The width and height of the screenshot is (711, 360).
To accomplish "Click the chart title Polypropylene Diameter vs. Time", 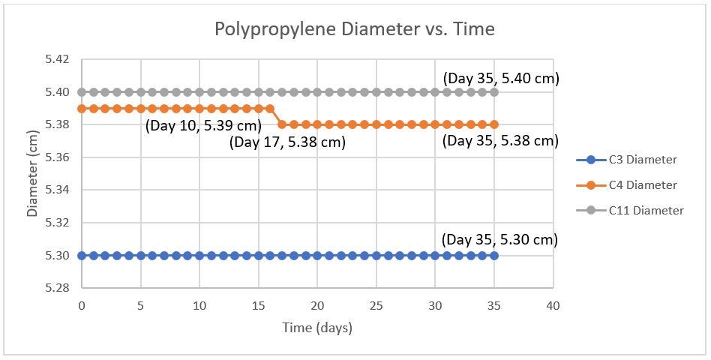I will (355, 29).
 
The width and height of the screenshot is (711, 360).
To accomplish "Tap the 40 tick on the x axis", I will (553, 306).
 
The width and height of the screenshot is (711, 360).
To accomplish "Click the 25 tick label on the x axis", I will (376, 306).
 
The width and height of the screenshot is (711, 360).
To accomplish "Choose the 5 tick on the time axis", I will (140, 306).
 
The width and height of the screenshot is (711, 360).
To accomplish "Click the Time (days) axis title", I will (316, 328).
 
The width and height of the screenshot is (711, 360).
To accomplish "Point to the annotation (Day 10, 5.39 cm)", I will (203, 125).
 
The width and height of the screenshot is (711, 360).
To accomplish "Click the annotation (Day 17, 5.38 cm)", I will (288, 142).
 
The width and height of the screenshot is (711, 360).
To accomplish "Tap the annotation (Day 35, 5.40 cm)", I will (501, 78).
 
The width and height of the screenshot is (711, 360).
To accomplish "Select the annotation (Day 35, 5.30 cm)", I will (500, 240).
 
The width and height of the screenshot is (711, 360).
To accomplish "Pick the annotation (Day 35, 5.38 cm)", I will (500, 140).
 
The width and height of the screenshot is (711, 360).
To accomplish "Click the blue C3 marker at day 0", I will (81, 256).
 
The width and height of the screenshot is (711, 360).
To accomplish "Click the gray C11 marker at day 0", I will (81, 92).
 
